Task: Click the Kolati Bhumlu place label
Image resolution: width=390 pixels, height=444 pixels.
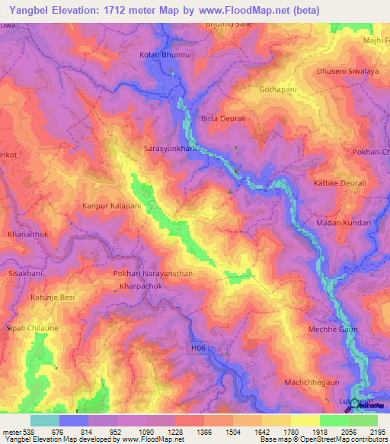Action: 164,55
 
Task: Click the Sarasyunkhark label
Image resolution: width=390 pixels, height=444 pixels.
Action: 171,150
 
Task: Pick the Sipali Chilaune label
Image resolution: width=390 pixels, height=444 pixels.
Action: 33,327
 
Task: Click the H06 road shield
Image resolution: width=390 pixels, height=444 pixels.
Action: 197,349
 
